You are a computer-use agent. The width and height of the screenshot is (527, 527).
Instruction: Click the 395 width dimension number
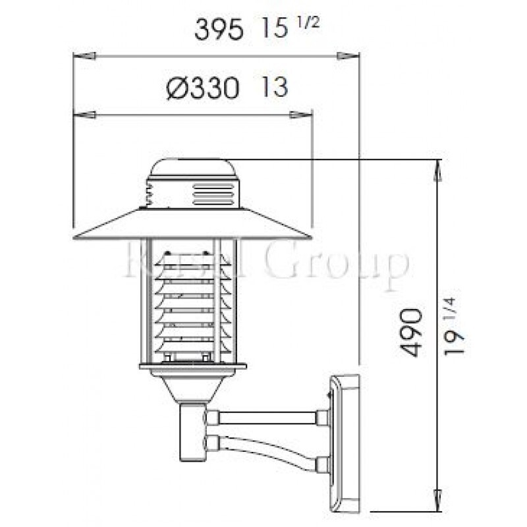(220, 30)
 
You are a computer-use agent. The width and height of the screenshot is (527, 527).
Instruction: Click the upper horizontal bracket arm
(266, 417)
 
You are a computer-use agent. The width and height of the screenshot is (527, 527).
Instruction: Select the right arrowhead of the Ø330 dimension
(302, 115)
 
